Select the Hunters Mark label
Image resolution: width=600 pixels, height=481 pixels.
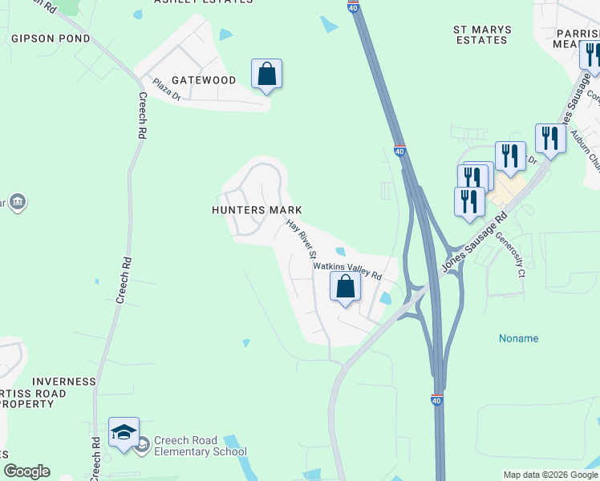[257, 210]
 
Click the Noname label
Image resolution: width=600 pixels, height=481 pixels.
[518, 338]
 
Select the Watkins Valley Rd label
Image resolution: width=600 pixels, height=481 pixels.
[347, 269]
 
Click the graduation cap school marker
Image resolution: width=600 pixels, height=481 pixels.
[124, 433]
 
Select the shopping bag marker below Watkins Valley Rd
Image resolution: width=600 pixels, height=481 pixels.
[345, 287]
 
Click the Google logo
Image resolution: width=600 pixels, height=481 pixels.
[26, 471]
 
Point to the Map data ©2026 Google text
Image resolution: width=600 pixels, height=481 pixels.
[550, 475]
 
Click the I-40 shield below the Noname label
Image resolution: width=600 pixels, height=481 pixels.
[436, 399]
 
